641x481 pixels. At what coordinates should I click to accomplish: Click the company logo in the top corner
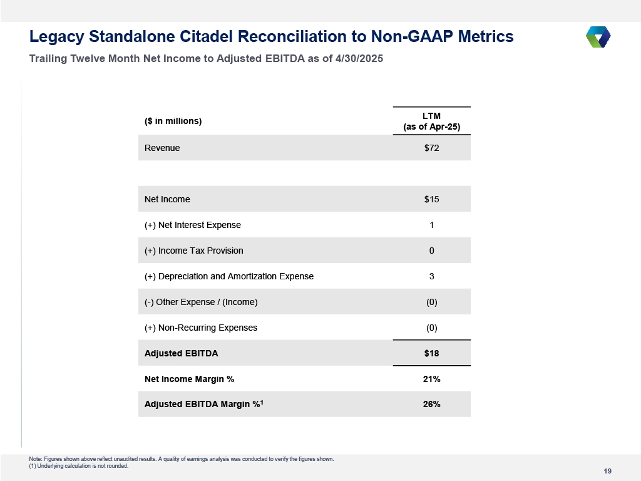[598, 37]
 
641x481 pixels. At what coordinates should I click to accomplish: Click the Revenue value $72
[432, 148]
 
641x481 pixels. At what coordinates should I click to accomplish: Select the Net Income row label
[167, 199]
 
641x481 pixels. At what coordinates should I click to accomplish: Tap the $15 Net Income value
[432, 199]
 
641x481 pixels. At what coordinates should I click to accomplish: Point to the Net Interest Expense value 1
[432, 225]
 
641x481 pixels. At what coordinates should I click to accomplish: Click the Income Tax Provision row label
[194, 251]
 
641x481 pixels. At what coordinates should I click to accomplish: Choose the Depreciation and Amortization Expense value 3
[432, 276]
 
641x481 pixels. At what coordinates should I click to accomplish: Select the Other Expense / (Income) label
[201, 303]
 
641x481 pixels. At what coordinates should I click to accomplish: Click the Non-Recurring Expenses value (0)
[432, 328]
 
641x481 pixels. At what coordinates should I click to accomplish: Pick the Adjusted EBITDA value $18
[432, 353]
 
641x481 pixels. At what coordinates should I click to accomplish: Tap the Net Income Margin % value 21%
[432, 379]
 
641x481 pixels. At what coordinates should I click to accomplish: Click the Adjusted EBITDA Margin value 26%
[432, 404]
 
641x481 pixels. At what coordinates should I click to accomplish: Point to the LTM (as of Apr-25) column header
[432, 121]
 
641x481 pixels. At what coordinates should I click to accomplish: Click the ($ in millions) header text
[173, 121]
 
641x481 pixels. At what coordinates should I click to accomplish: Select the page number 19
[607, 471]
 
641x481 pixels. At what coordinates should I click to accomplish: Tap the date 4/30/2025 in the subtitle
[359, 58]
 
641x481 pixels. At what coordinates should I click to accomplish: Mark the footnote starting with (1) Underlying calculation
[78, 466]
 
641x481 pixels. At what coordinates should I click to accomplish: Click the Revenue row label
[162, 148]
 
